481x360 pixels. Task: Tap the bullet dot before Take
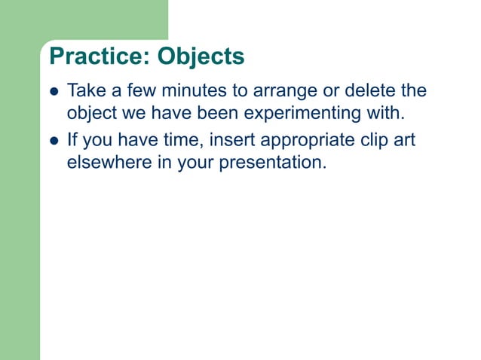[x=54, y=93]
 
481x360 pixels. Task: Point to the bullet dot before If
[x=54, y=141]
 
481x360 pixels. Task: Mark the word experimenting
[x=283, y=114]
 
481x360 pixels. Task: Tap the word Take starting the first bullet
[x=85, y=91]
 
